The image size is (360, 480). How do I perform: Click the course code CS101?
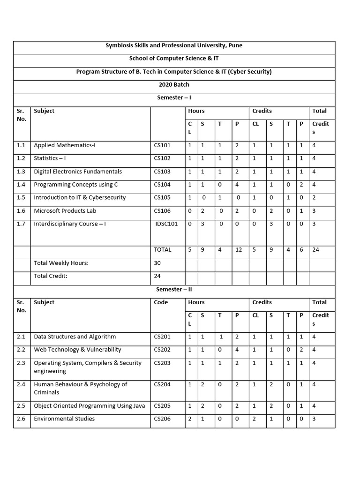(162, 145)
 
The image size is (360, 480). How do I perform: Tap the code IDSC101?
(167, 224)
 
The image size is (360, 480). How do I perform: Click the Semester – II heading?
(174, 289)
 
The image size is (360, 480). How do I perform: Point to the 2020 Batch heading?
(174, 85)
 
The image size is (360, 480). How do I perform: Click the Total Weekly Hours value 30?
(157, 263)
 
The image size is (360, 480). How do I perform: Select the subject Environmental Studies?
(64, 419)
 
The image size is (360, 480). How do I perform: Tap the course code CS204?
(162, 384)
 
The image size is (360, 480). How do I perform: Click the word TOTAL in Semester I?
(163, 250)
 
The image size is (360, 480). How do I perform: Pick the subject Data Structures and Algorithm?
(74, 337)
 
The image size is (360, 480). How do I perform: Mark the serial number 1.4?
(21, 184)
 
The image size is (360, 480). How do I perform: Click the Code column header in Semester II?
(161, 302)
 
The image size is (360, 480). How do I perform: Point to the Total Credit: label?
(51, 276)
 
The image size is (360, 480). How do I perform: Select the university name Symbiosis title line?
(174, 45)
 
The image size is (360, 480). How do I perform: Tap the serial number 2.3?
(21, 363)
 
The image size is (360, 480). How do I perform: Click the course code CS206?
(162, 419)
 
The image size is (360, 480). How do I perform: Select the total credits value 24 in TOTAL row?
(315, 250)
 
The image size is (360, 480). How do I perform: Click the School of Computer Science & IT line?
(174, 59)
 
